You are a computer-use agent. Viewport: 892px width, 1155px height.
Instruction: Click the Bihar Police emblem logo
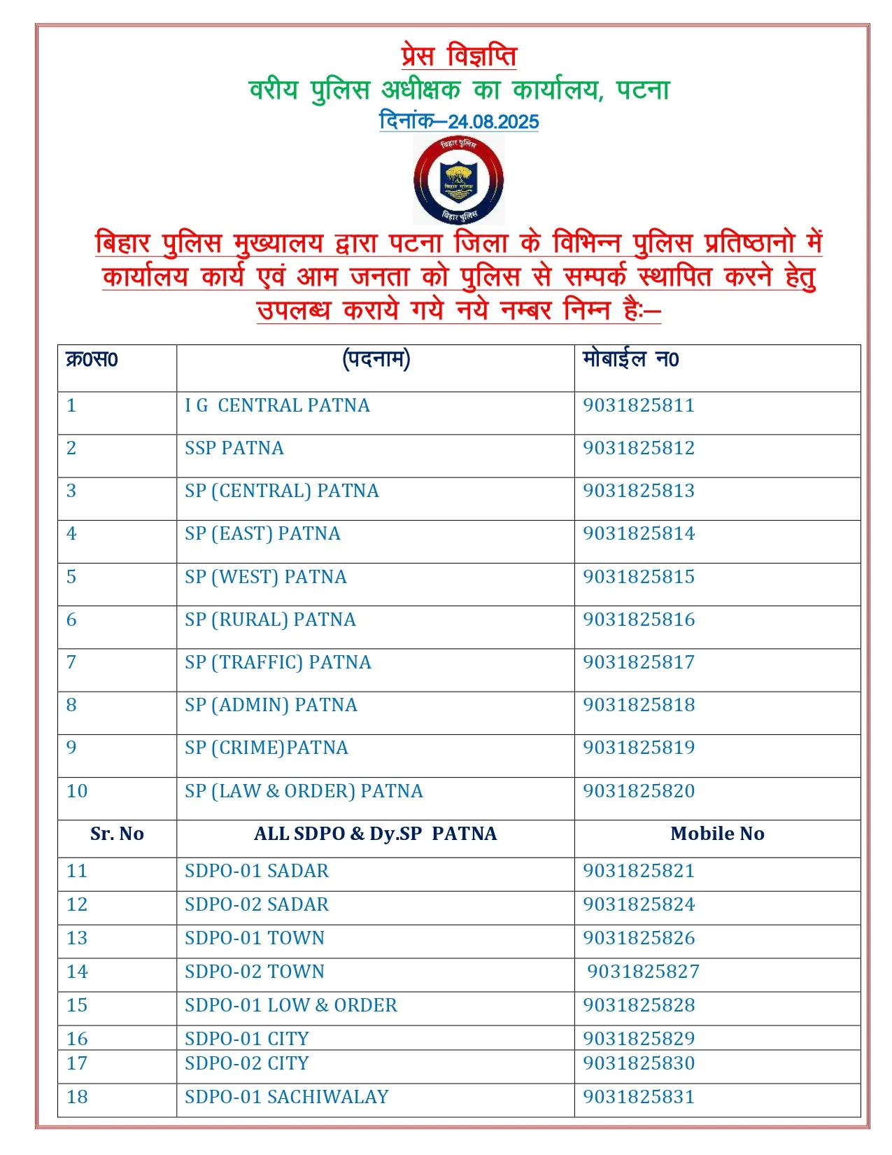(458, 180)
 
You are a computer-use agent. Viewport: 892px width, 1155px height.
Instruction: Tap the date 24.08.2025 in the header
(493, 122)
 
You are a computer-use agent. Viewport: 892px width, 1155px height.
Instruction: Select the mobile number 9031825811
(639, 405)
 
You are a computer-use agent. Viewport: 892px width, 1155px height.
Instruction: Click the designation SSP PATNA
(234, 448)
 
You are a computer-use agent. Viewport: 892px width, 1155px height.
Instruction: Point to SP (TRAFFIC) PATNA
(278, 662)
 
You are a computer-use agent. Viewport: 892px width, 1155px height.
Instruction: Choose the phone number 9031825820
(639, 791)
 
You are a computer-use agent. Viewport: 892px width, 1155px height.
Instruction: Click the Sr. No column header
(117, 834)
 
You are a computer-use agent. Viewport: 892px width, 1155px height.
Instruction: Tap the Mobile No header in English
(717, 834)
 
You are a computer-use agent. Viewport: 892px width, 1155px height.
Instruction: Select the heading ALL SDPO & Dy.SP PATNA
(376, 834)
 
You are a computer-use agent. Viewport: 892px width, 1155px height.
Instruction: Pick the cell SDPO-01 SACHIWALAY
(287, 1097)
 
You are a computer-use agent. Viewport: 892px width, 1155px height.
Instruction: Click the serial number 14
(77, 972)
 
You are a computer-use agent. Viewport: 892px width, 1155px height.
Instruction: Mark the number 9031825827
(643, 972)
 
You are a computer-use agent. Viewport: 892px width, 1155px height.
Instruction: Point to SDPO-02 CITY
(247, 1063)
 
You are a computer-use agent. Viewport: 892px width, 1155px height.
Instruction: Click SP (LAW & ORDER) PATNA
(304, 791)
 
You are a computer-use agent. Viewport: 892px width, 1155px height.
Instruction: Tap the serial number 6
(71, 619)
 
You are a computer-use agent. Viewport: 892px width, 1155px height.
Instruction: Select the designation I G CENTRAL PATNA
(277, 405)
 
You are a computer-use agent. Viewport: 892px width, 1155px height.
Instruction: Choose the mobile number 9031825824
(639, 904)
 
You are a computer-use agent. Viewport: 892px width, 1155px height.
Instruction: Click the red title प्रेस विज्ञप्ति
(459, 56)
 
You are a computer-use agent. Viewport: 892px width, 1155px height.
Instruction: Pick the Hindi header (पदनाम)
(376, 360)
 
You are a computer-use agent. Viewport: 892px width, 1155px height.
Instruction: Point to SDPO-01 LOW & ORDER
(291, 1005)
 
